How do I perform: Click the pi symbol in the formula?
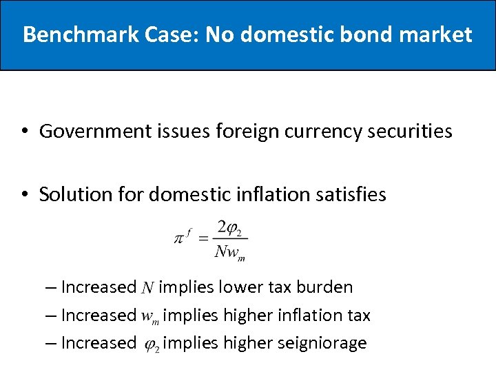click(179, 239)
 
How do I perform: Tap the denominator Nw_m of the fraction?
click(230, 252)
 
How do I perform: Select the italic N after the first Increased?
click(147, 288)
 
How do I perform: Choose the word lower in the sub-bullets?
click(245, 287)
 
